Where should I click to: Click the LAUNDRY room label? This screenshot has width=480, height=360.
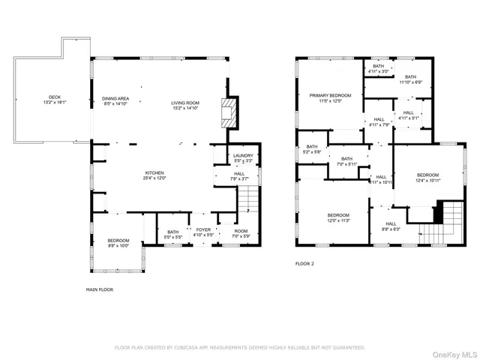[x=244, y=157]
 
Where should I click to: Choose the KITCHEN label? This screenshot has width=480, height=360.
[x=154, y=175]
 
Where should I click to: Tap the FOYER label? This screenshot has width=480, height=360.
[x=204, y=233]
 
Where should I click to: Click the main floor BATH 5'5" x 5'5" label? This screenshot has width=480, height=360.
[x=172, y=233]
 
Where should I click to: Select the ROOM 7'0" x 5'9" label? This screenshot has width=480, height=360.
[x=241, y=233]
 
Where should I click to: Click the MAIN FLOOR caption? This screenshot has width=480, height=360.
[x=100, y=289]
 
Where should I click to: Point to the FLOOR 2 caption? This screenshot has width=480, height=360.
[x=304, y=264]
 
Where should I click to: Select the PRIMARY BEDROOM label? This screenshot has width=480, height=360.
[x=331, y=98]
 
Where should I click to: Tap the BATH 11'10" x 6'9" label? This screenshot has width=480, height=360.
[x=410, y=79]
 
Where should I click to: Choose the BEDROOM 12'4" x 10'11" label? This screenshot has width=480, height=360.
[x=427, y=178]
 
